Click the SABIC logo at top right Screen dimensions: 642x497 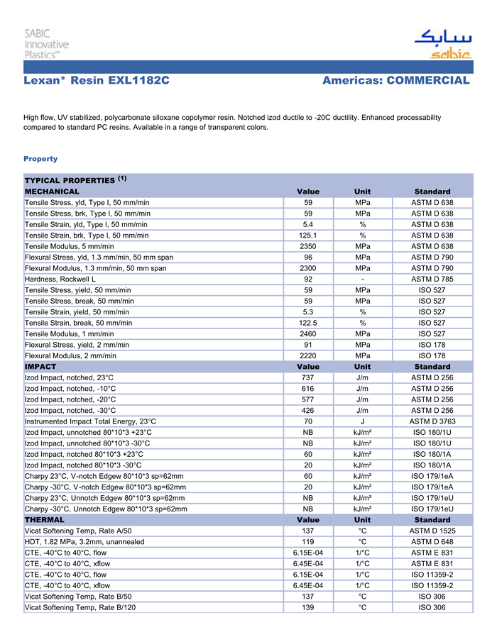442,45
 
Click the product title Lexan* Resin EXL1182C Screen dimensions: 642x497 97,81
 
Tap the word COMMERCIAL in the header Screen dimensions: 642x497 427,81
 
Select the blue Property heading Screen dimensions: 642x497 40,159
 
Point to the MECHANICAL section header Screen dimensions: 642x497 53,192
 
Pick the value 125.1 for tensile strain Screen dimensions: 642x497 308,236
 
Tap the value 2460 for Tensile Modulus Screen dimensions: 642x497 308,333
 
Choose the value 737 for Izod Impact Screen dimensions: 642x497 308,378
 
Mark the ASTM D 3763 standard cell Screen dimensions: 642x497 432,421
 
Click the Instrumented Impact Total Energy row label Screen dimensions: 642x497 90,421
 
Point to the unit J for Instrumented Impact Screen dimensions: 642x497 362,421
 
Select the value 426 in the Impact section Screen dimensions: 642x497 308,410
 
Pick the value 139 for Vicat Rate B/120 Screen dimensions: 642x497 308,607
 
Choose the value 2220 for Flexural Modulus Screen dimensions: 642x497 308,355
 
